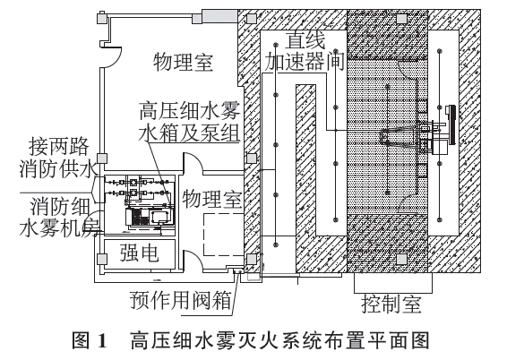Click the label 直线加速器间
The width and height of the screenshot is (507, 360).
coord(304,51)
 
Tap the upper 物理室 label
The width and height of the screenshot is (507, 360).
coord(183,62)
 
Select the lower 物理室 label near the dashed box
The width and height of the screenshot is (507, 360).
coord(212,199)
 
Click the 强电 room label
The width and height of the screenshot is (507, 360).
coord(139,253)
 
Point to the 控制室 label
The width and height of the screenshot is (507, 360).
coord(391,304)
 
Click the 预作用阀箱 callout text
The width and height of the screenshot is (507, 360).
coord(181,300)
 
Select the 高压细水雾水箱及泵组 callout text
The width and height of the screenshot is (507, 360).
coord(190,122)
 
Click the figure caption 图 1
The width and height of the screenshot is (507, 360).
coord(90,340)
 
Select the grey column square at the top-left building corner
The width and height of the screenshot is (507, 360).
coord(101,17)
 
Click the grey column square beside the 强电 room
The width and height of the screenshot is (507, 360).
coord(102,259)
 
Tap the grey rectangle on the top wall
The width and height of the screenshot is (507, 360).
coord(219,16)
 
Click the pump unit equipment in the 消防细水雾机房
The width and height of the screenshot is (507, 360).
coord(150,216)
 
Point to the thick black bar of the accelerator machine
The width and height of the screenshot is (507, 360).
coord(451,124)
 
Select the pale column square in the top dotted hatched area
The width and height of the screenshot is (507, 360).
coord(401,19)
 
